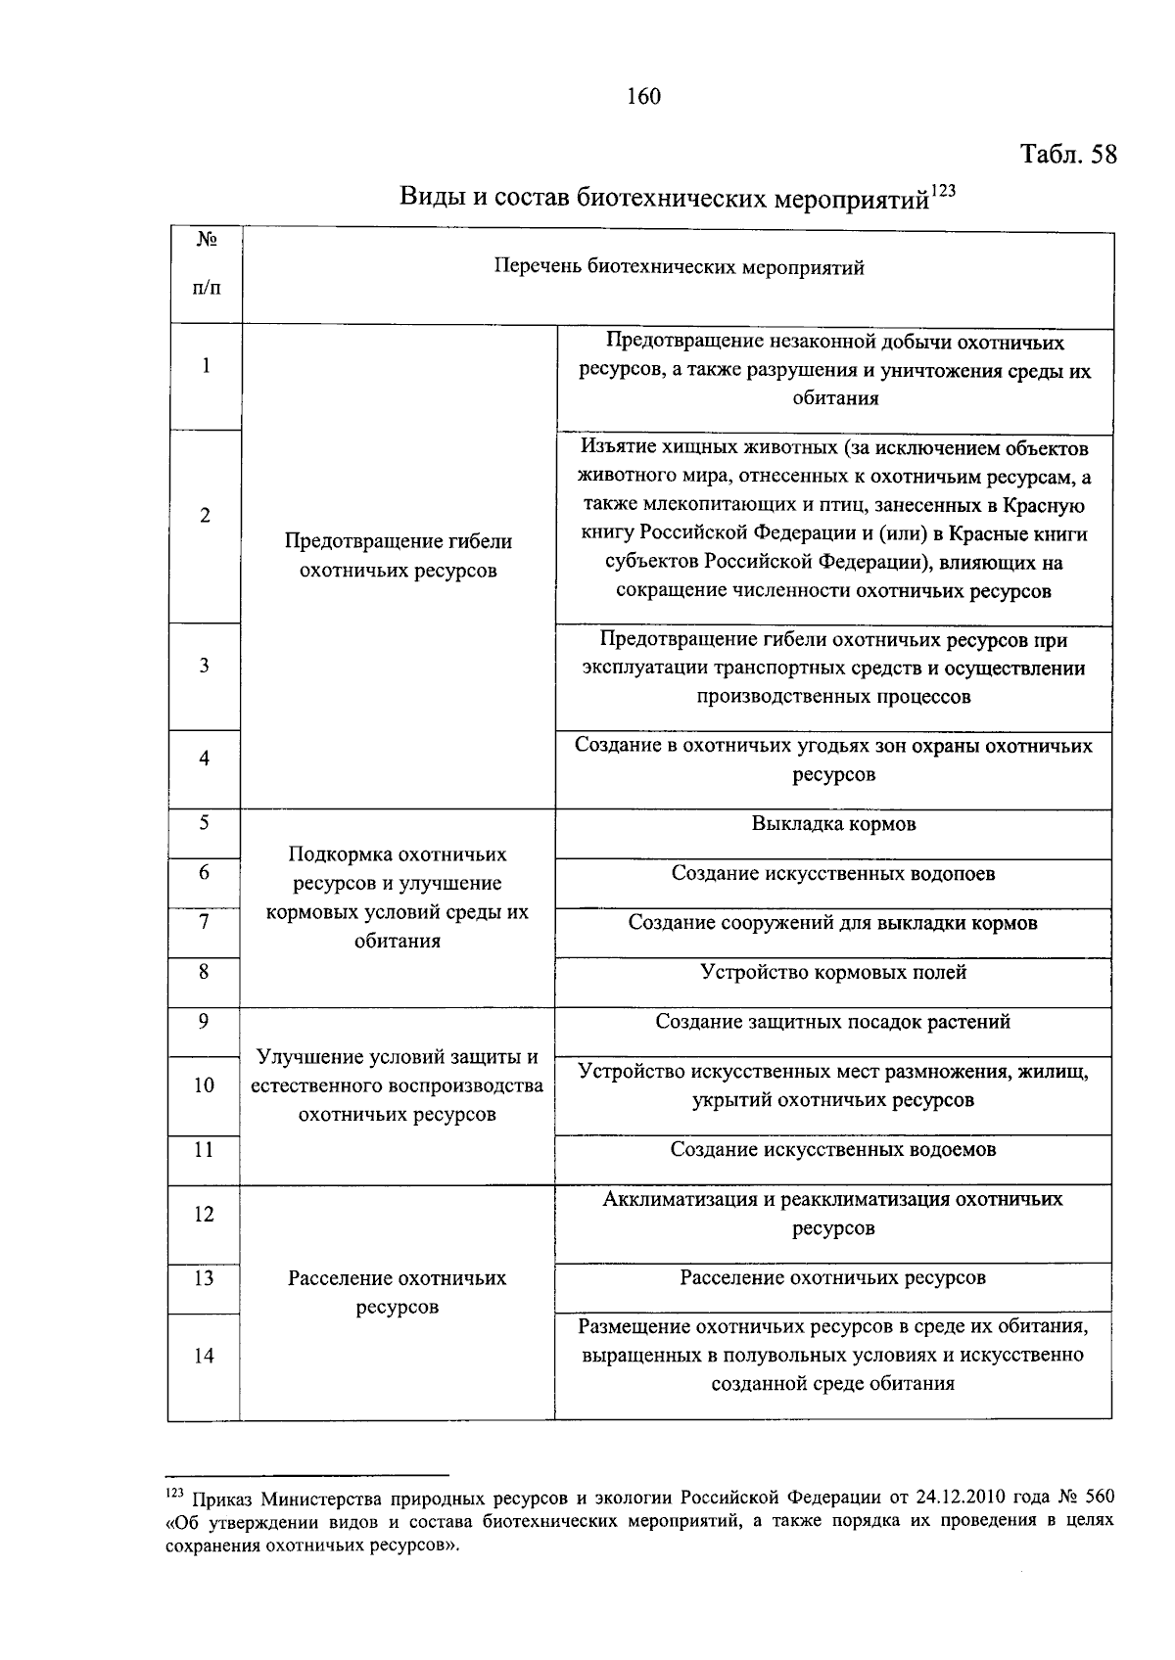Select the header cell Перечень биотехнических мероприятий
(x=678, y=267)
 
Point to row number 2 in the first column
(x=205, y=516)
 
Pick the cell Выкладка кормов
(x=833, y=823)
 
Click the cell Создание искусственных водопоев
(x=833, y=873)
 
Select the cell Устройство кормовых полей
(x=833, y=972)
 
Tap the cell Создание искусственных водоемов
(x=833, y=1149)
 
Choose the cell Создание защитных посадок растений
(x=833, y=1022)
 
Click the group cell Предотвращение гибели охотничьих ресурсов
(x=398, y=556)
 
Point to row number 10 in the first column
(x=205, y=1084)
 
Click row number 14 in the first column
(x=205, y=1356)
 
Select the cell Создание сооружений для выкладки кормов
(x=833, y=923)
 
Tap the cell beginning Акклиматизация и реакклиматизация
(x=833, y=1213)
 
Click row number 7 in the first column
(x=205, y=921)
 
